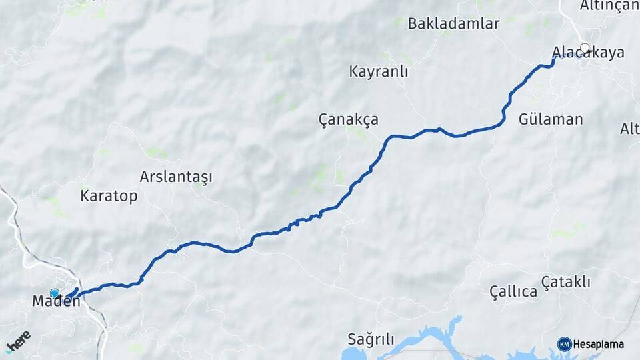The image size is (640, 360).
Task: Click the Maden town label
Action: (56, 301)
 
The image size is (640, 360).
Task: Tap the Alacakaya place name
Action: (588, 53)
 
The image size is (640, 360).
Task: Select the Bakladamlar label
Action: (453, 24)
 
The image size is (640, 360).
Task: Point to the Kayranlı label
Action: (378, 72)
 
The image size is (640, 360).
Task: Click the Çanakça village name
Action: (348, 120)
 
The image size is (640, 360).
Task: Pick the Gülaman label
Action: (551, 120)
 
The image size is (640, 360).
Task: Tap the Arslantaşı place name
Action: (176, 177)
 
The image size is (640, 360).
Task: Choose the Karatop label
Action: (109, 196)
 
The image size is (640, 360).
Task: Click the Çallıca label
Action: (513, 291)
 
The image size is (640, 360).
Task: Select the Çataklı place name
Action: (565, 282)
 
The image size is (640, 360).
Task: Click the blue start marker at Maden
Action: (55, 293)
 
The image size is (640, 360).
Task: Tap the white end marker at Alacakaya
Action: (585, 48)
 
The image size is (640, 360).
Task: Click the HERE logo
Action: (18, 341)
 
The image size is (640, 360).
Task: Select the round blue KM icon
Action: (564, 344)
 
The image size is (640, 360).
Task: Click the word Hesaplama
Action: (598, 345)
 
